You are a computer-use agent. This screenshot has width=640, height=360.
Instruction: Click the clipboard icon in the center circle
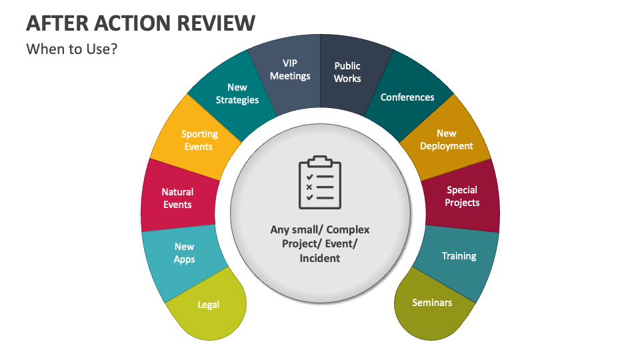(320, 182)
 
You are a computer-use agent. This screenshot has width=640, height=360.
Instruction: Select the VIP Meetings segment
(289, 73)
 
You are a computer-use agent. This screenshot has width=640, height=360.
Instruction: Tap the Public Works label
(347, 72)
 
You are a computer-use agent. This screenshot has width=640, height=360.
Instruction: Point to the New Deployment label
(447, 139)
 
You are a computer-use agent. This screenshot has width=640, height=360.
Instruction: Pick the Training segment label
(459, 256)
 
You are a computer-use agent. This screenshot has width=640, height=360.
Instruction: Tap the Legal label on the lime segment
(209, 305)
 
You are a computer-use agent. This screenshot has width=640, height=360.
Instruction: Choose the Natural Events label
(177, 198)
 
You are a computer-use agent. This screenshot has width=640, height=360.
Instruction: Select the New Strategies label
(237, 93)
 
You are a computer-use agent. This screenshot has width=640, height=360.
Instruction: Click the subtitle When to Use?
(72, 49)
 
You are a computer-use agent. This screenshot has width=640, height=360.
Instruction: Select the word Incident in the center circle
(320, 259)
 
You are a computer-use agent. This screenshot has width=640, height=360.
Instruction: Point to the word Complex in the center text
(348, 230)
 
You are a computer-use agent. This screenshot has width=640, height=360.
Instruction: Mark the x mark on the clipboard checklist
(309, 187)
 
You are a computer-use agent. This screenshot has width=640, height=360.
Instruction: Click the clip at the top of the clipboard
(320, 161)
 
